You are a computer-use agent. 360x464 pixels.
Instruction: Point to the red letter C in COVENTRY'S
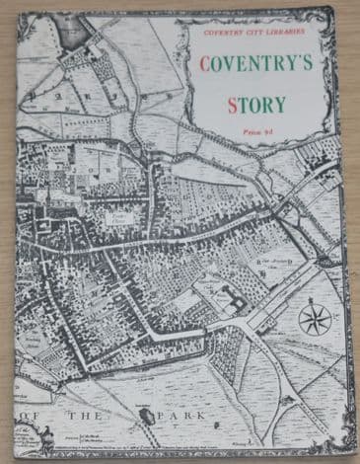pos(206,65)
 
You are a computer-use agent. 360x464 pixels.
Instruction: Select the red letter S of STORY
pos(231,103)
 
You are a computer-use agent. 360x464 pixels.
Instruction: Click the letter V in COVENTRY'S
pos(236,65)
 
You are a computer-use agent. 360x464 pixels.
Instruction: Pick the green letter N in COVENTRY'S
pos(259,65)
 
